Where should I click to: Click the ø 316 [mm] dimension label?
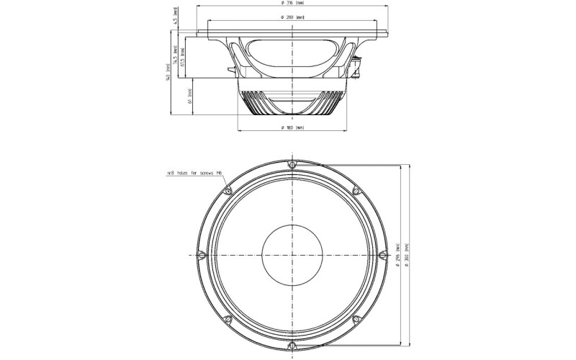[x=291, y=4]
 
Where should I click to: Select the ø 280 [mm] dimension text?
[x=291, y=17]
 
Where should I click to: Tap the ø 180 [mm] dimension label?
[x=292, y=127]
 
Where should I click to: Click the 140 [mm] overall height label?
[x=168, y=72]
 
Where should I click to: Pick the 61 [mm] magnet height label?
[x=189, y=96]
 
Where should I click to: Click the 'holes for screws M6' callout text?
[x=192, y=174]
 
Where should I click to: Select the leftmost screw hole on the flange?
[x=202, y=256]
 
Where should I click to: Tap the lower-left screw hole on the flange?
[x=228, y=319]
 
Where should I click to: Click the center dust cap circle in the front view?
[x=291, y=256]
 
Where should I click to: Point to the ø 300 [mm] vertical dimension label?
[x=408, y=256]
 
